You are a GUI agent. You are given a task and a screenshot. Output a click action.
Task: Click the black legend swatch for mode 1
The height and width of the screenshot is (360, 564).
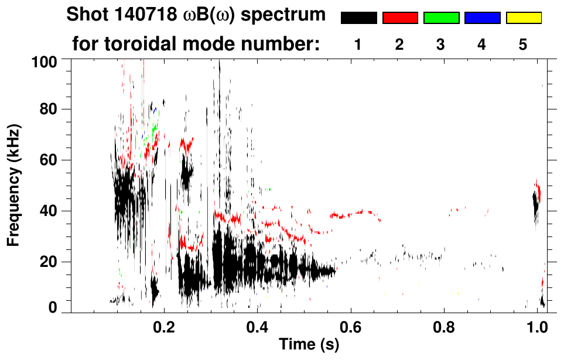coord(358,18)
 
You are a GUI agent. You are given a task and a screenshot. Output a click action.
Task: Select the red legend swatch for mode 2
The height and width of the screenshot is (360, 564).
coord(399,18)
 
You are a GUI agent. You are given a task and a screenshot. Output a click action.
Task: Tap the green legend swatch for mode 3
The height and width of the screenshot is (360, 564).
coord(441,18)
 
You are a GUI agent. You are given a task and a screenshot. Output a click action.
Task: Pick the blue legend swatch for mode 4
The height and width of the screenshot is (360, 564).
coord(482,18)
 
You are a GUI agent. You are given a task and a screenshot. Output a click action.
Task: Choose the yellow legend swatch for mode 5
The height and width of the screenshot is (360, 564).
coord(523,18)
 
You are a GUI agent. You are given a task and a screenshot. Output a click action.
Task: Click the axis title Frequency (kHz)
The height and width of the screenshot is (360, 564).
coord(13,185)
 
